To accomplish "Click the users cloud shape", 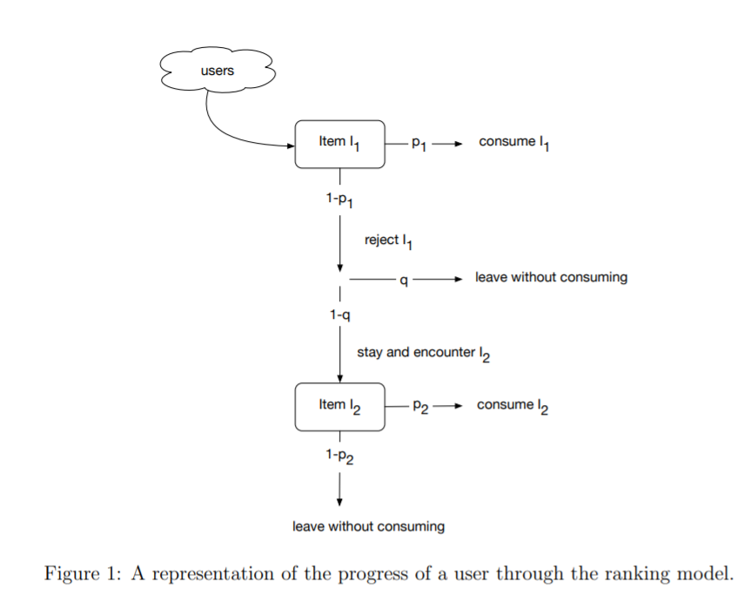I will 218,71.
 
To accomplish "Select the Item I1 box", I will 339,144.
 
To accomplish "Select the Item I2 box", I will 339,406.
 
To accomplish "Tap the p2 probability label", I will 419,407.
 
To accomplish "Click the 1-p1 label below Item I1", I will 339,200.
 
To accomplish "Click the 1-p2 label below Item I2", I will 339,456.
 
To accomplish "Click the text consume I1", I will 513,143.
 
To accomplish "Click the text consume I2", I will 513,406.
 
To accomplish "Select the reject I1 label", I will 388,240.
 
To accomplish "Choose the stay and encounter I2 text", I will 423,354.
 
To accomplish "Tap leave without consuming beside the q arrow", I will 551,278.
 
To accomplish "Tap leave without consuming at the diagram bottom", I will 368,526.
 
